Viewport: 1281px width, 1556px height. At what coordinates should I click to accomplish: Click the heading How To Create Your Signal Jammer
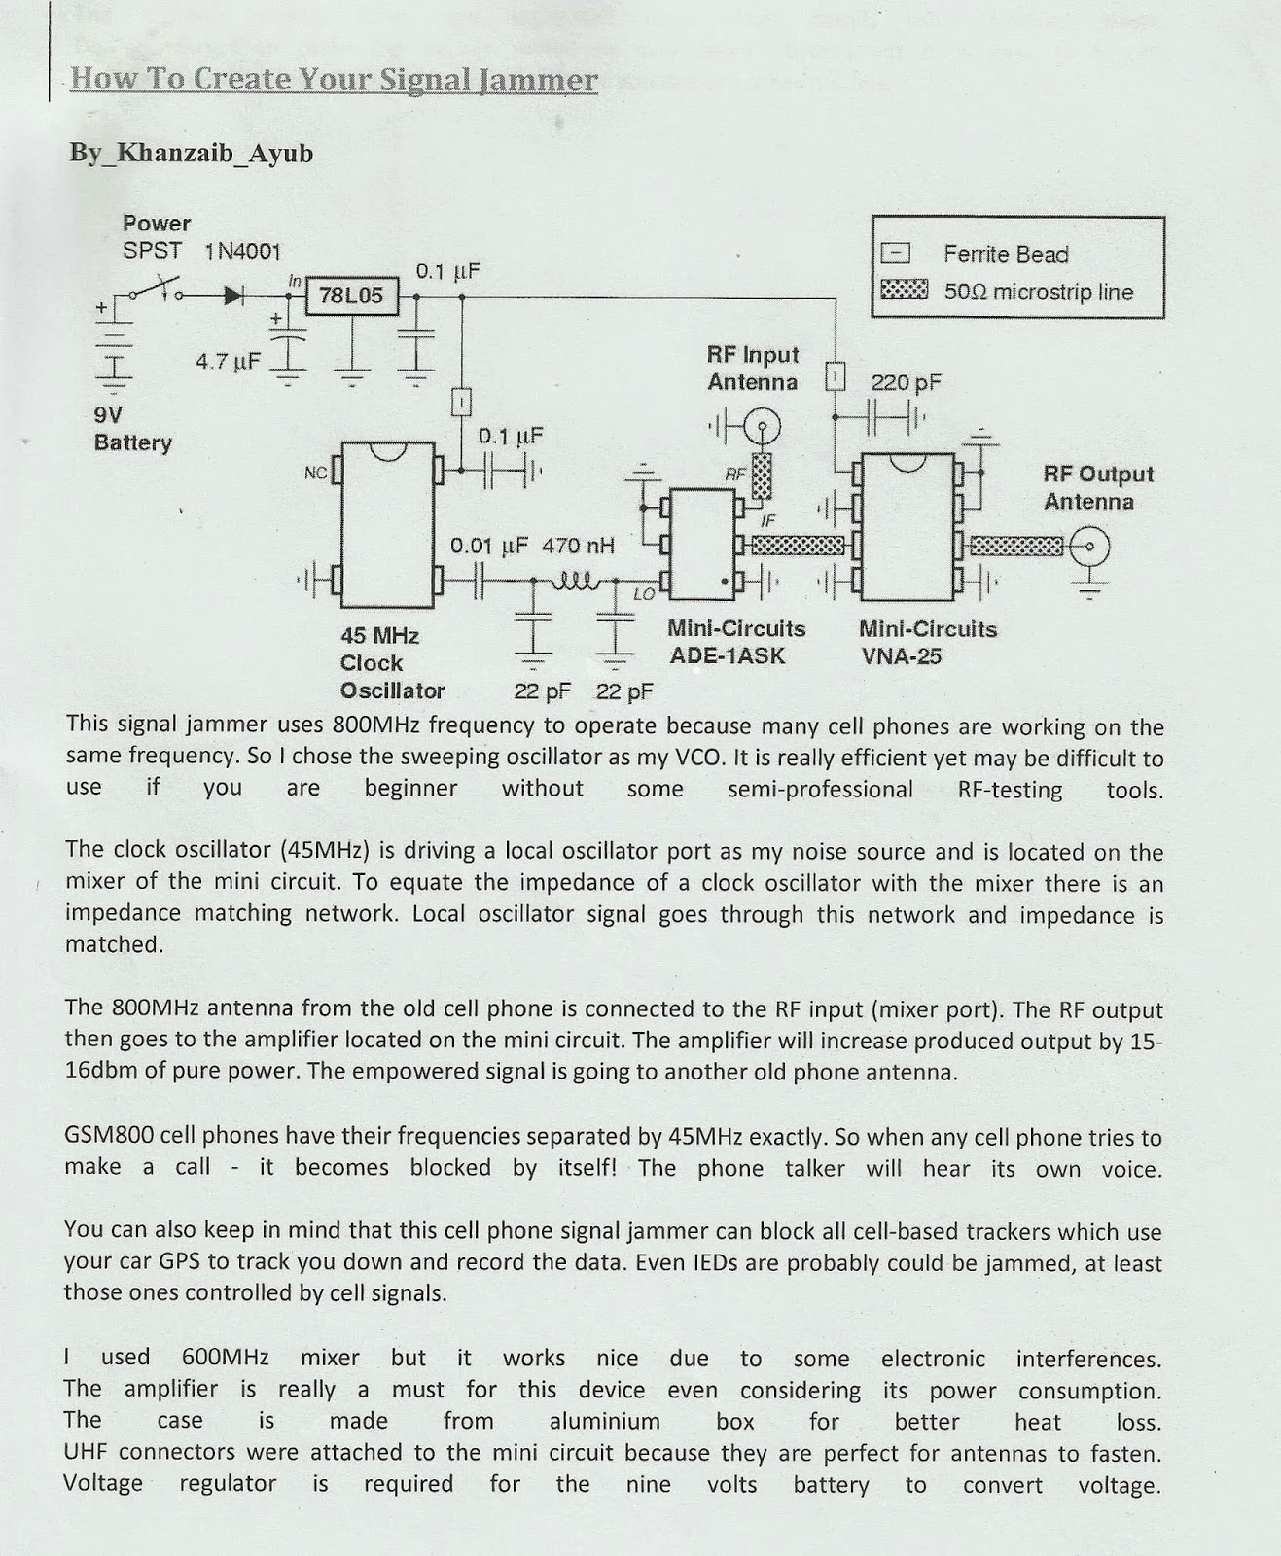(334, 79)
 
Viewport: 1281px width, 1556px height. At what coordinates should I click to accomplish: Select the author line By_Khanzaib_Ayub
(191, 154)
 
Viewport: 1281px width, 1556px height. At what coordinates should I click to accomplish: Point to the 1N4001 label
(242, 251)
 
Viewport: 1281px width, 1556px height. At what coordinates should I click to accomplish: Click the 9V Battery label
(132, 429)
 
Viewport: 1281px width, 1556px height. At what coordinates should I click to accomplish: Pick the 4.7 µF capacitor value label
(228, 362)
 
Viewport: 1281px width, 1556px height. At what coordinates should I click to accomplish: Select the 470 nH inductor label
(578, 546)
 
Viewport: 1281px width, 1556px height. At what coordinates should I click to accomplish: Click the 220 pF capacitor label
(906, 382)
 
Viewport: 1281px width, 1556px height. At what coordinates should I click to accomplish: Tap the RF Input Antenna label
(753, 369)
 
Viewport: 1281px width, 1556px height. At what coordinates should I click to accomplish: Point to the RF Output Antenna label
(1097, 487)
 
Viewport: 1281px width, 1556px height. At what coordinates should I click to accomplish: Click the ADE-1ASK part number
(727, 655)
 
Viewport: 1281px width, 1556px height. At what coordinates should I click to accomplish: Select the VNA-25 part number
(901, 656)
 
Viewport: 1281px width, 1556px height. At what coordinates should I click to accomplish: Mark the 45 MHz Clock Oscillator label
(392, 663)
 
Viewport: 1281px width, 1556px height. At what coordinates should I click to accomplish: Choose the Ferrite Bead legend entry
(1006, 254)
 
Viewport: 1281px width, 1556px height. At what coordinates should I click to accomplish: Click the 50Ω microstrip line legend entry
(1038, 292)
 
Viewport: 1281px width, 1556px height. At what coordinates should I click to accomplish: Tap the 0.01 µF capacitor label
(488, 546)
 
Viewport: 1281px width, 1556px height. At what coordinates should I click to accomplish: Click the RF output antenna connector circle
(1089, 547)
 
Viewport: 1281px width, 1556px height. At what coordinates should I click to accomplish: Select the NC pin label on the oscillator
(315, 473)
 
